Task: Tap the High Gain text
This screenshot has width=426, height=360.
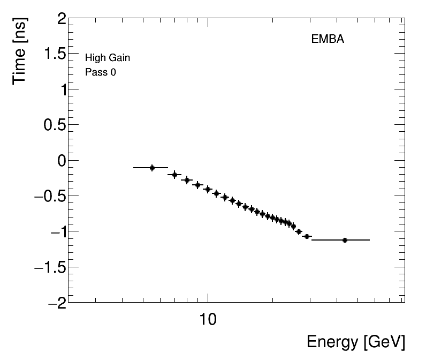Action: tap(108, 58)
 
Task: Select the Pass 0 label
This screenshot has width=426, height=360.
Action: tap(101, 72)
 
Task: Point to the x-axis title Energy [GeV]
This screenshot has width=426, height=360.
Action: tap(355, 342)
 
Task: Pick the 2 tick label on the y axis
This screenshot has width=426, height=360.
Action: tap(60, 19)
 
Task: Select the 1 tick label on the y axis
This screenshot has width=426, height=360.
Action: tap(60, 90)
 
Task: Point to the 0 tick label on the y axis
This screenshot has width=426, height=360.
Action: tap(60, 161)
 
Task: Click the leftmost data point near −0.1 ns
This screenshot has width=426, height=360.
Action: tap(152, 168)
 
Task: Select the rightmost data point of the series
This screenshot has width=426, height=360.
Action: tap(345, 240)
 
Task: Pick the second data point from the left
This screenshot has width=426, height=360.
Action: tap(174, 175)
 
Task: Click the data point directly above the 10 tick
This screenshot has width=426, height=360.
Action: tap(208, 189)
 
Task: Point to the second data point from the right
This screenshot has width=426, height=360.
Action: tap(307, 236)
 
